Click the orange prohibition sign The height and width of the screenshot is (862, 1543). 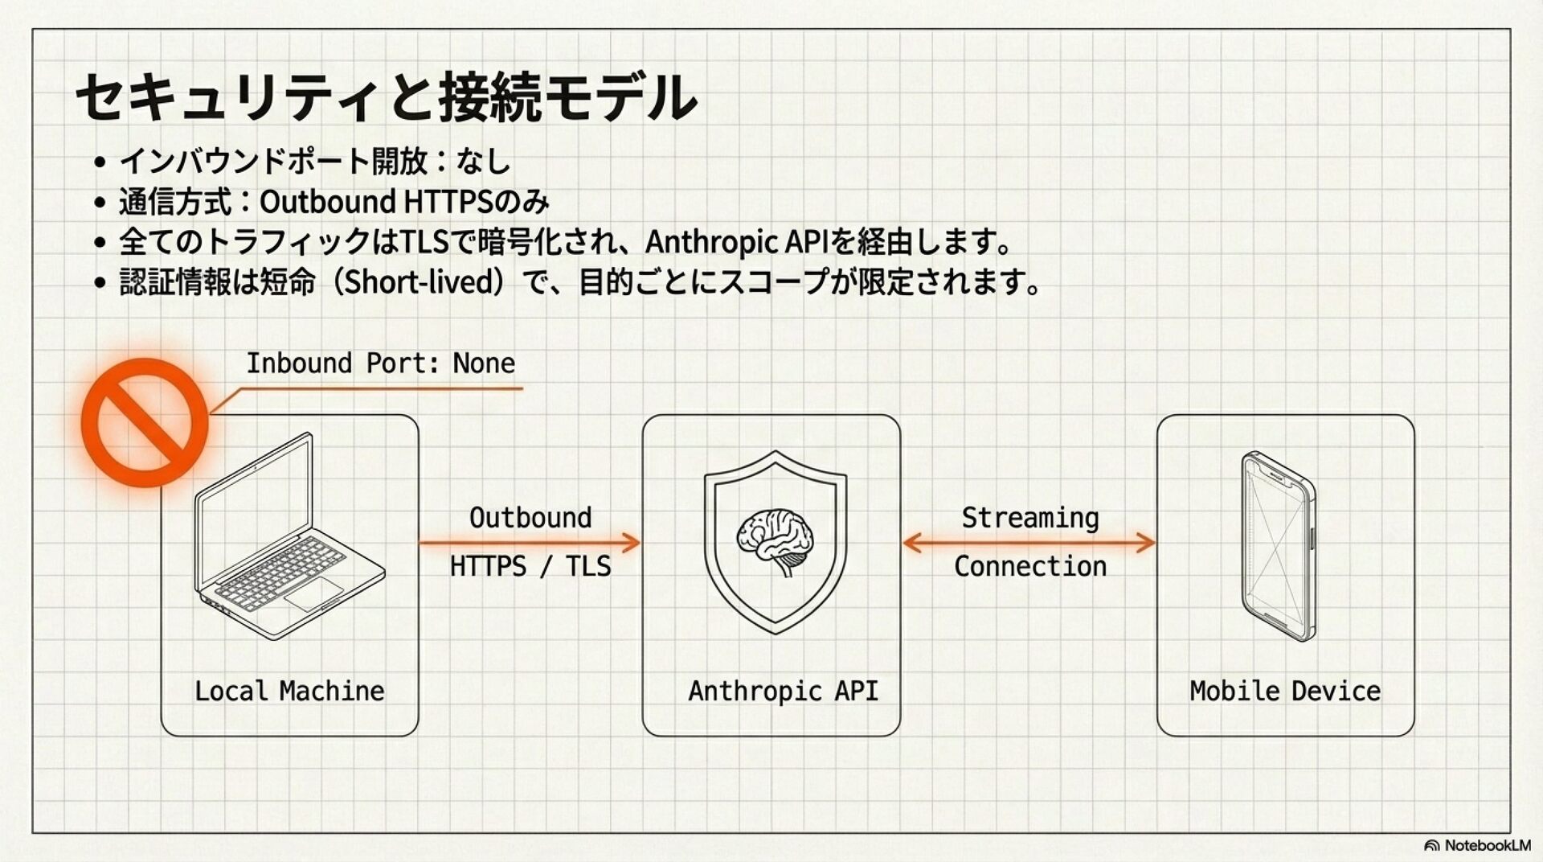(145, 422)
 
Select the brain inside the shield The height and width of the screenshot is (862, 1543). (775, 540)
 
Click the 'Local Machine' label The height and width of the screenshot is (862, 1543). (289, 691)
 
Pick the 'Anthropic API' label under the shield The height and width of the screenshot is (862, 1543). (783, 691)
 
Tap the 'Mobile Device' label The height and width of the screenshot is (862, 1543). (1285, 691)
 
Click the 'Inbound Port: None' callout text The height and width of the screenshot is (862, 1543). (380, 363)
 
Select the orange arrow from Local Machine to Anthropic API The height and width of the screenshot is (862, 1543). (530, 543)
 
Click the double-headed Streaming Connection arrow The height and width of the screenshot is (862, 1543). (1029, 543)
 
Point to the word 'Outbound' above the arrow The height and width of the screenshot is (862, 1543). (530, 518)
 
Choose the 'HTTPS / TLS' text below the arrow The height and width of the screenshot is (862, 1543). (530, 566)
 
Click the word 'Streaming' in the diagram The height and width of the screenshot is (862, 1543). (1030, 518)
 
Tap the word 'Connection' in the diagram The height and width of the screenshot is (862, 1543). (1030, 566)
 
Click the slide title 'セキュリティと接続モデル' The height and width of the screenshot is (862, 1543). (386, 97)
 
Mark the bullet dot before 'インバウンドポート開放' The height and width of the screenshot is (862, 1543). (100, 162)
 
